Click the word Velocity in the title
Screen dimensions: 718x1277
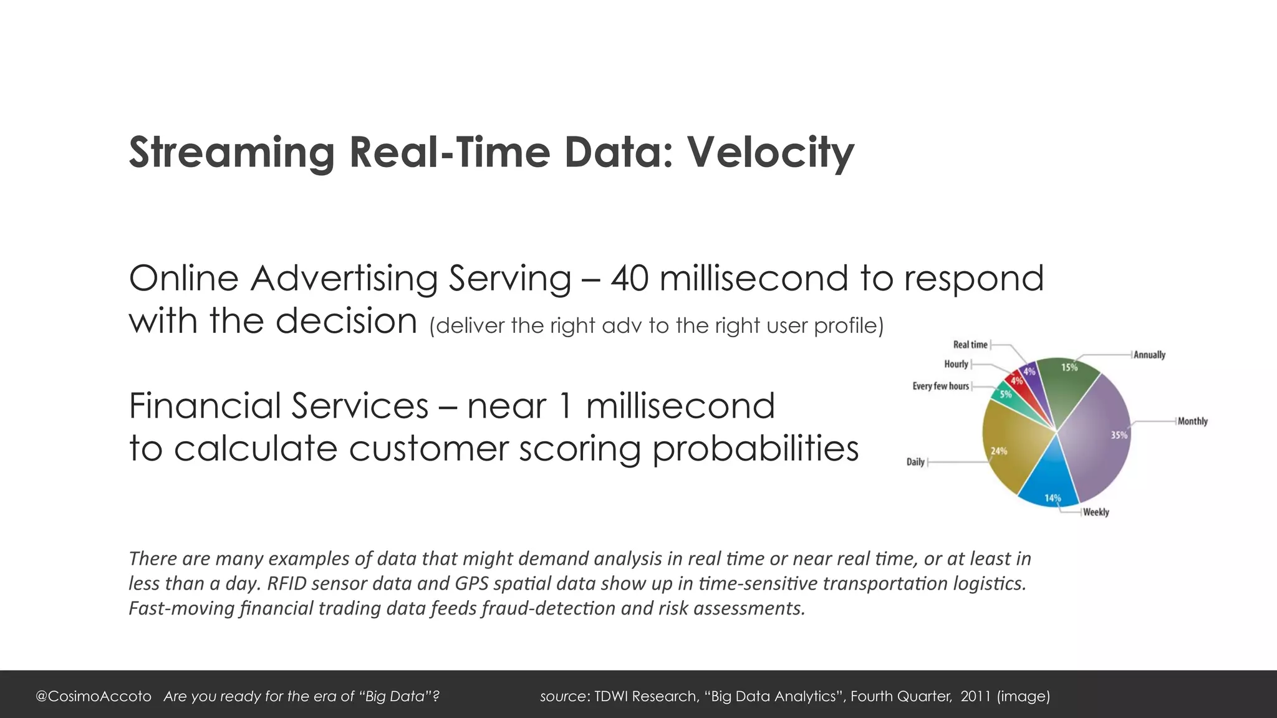(x=770, y=153)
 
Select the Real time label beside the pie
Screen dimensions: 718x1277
(x=970, y=345)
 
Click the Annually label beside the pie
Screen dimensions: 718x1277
(x=1149, y=355)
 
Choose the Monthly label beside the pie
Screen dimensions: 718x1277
(x=1192, y=421)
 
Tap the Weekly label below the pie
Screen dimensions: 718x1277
(x=1096, y=512)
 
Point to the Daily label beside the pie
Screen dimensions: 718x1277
(x=915, y=462)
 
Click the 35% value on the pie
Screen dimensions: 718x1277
(x=1119, y=435)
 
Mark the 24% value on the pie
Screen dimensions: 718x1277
(x=998, y=451)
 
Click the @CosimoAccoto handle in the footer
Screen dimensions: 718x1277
(x=94, y=696)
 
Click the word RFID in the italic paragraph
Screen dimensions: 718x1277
(x=286, y=583)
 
